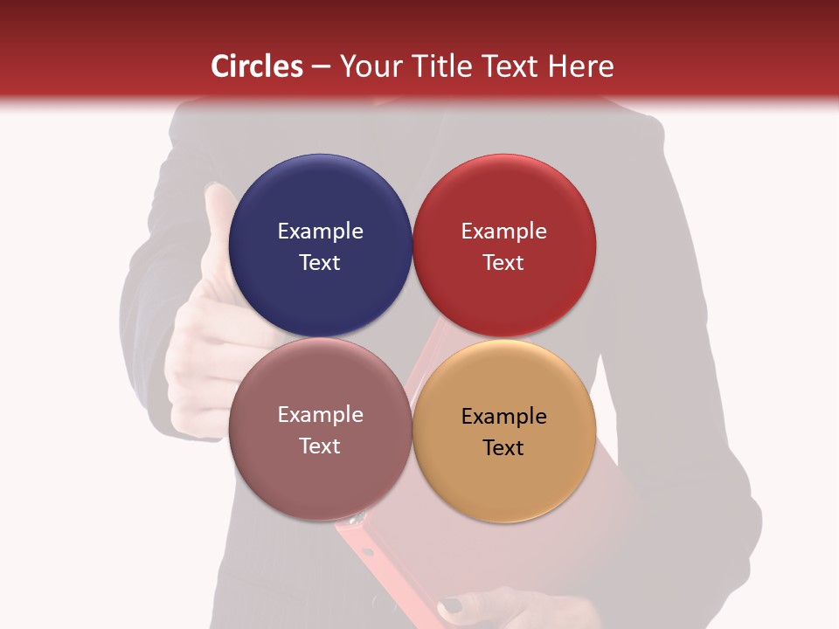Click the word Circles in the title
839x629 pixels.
[256, 66]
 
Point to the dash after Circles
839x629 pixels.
[321, 67]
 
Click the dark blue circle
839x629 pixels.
[320, 201]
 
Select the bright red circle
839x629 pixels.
[504, 201]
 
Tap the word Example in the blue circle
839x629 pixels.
[320, 232]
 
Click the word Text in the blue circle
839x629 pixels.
[320, 263]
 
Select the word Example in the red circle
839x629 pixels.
[504, 232]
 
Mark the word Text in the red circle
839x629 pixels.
[504, 263]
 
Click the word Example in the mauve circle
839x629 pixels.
[320, 415]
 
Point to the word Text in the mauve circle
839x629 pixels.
[320, 446]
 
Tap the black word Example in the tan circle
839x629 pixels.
[504, 417]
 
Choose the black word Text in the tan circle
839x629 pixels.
[504, 448]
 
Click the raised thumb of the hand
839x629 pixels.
[218, 218]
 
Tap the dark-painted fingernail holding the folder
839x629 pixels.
[451, 604]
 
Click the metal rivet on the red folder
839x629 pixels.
[356, 521]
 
